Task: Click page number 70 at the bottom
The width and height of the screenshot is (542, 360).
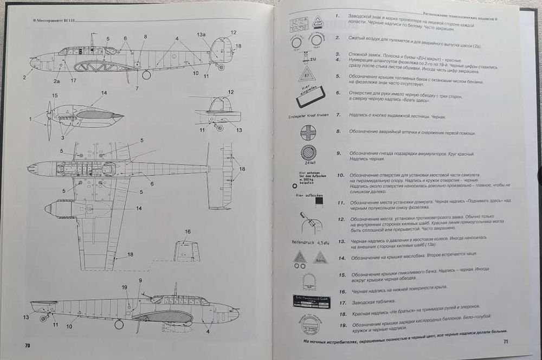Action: click(27, 345)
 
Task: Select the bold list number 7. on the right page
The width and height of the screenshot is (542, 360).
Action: click(338, 115)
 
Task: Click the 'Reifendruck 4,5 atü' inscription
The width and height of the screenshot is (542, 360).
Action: click(306, 242)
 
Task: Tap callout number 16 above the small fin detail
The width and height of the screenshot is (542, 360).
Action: click(188, 232)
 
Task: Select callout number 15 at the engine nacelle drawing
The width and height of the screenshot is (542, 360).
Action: click(54, 95)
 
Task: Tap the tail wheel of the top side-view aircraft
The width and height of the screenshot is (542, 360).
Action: click(220, 67)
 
